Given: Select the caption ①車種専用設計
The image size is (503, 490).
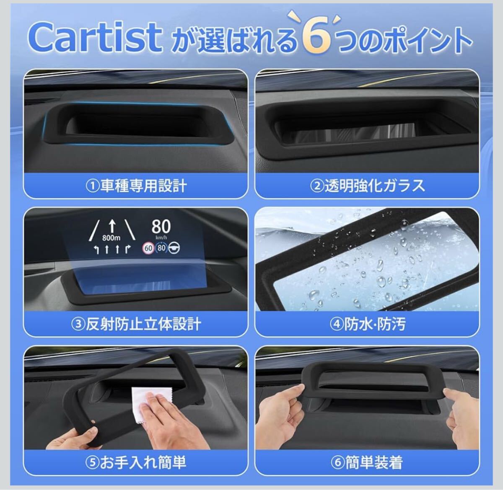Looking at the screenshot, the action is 136,186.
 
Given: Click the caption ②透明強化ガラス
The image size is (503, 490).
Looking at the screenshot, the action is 367,186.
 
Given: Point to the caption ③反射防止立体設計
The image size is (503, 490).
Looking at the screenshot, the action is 136,325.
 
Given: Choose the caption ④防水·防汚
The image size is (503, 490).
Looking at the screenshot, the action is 367,325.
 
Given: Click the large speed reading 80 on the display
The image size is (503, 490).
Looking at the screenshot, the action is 161,227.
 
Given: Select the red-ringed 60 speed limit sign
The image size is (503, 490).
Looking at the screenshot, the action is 148,248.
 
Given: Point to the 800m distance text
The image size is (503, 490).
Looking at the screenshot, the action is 111,237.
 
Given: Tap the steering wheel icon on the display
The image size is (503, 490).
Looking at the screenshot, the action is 174,248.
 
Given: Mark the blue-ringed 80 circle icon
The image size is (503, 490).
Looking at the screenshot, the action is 161,248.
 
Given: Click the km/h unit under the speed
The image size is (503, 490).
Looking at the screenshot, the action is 161,237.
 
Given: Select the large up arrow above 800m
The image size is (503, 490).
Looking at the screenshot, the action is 112,227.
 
